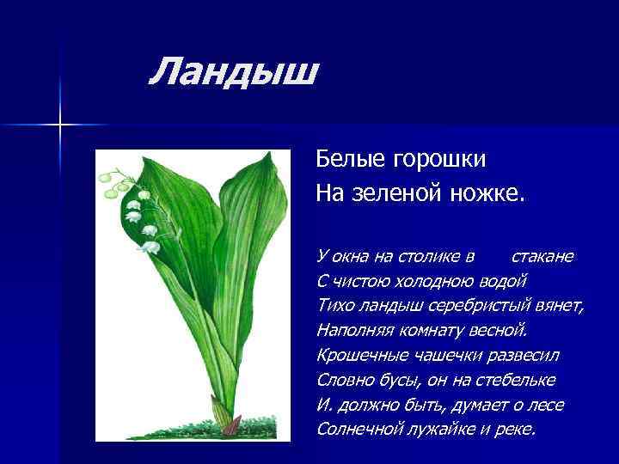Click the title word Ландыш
(x=233, y=71)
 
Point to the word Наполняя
(x=353, y=330)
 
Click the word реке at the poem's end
(x=516, y=429)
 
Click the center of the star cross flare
(x=61, y=125)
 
